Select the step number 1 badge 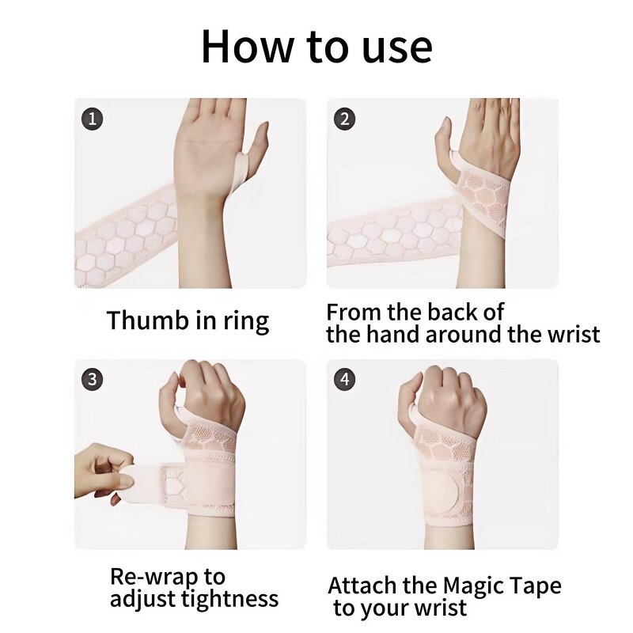[93, 119]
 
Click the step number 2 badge [344, 119]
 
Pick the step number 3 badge [93, 379]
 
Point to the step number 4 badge [344, 379]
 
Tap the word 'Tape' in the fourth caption [536, 587]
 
